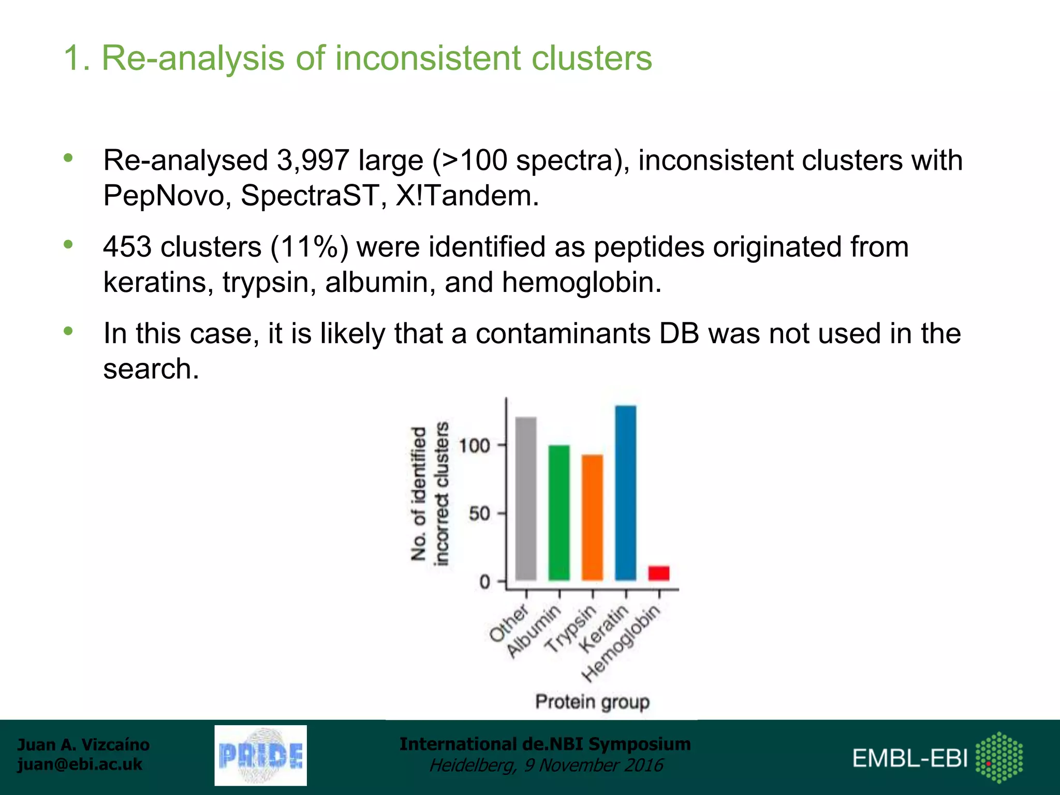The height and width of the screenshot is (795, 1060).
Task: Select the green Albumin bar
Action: pyautogui.click(x=559, y=512)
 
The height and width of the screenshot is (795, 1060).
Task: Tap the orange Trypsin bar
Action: pyautogui.click(x=592, y=517)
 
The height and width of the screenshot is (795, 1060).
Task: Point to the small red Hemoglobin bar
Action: pyautogui.click(x=658, y=573)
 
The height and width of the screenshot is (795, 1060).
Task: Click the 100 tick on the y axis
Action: pyautogui.click(x=475, y=445)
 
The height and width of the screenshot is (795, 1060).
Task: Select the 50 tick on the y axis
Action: pyautogui.click(x=480, y=513)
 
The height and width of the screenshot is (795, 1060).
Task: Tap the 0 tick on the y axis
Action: pyautogui.click(x=485, y=582)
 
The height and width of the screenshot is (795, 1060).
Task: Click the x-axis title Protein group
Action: pyautogui.click(x=592, y=702)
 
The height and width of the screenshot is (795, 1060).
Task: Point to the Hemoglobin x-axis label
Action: pyautogui.click(x=622, y=643)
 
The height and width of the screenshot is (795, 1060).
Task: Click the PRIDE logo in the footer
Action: pyautogui.click(x=260, y=755)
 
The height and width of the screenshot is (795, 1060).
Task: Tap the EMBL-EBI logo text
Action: pyautogui.click(x=910, y=758)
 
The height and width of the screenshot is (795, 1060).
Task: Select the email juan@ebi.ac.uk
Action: pyautogui.click(x=80, y=764)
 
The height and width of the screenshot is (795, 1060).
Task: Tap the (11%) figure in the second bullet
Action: pyautogui.click(x=309, y=246)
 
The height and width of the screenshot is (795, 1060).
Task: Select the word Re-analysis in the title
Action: pyautogui.click(x=193, y=57)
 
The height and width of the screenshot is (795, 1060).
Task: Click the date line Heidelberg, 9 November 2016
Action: pyautogui.click(x=546, y=765)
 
